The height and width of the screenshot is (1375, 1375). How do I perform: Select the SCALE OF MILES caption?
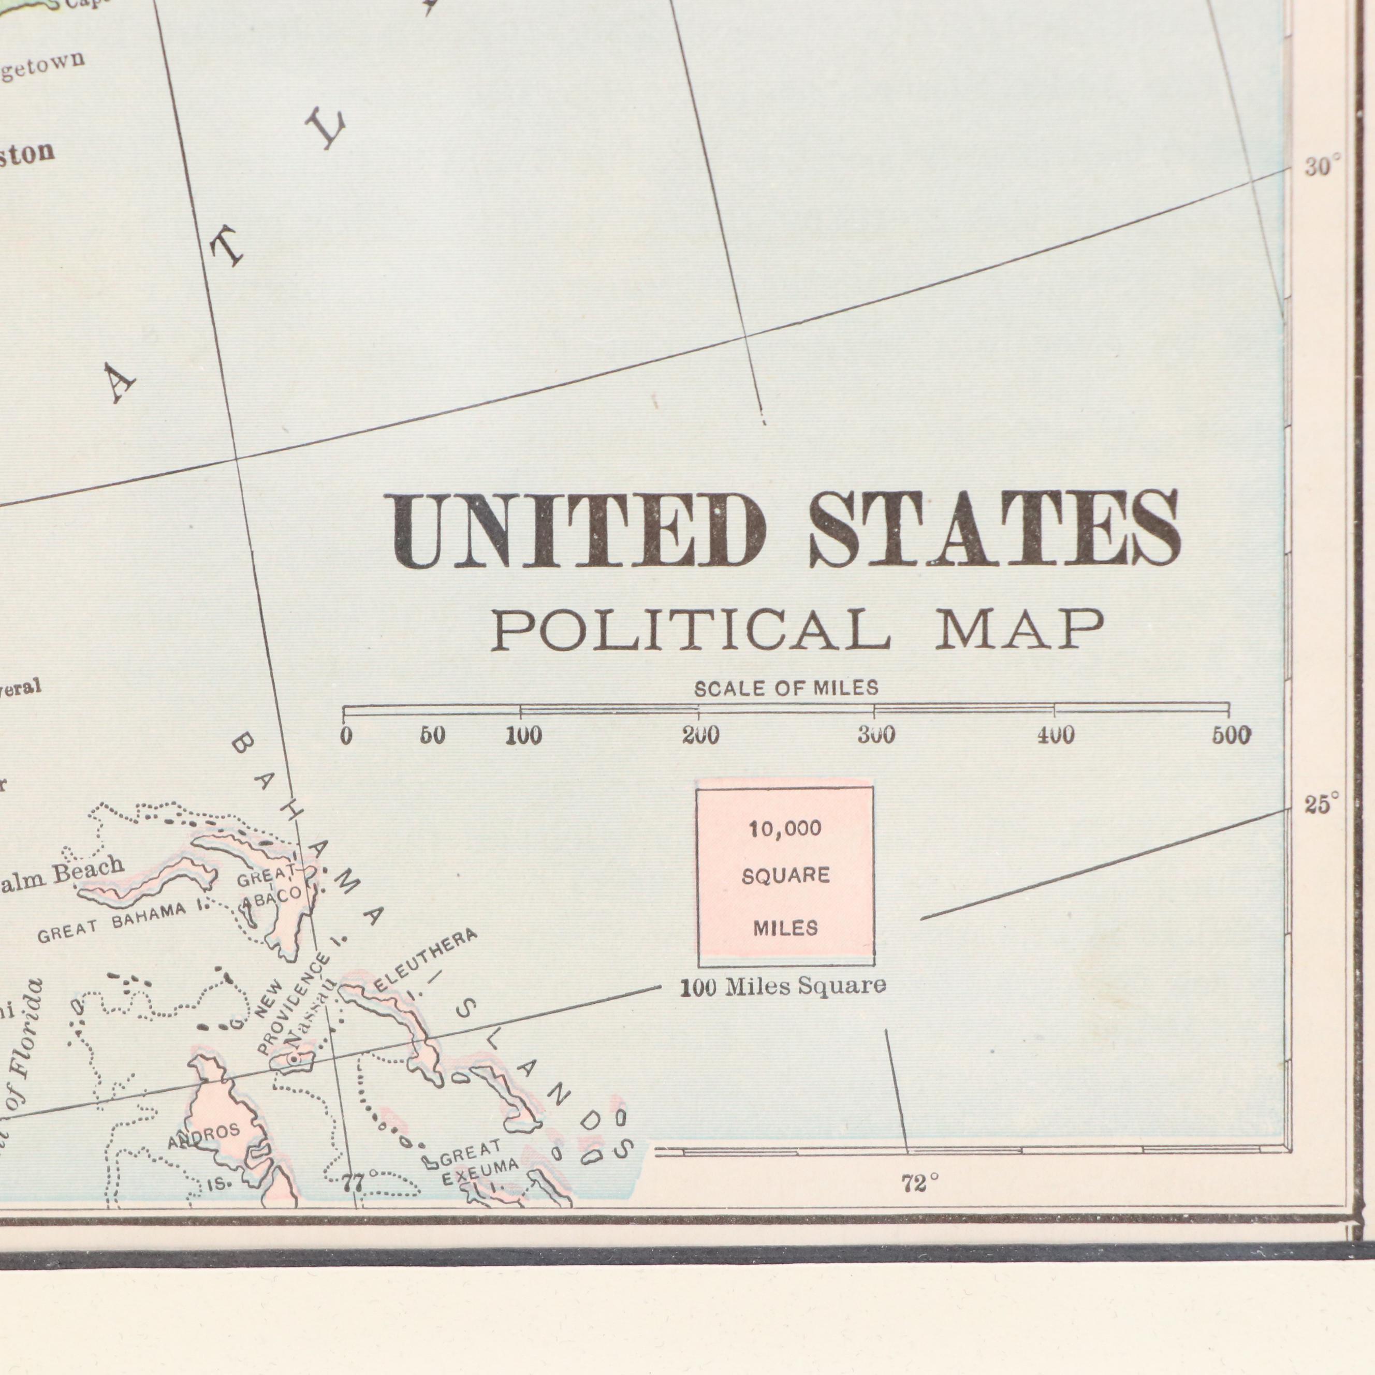[786, 688]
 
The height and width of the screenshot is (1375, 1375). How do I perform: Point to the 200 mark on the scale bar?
[700, 735]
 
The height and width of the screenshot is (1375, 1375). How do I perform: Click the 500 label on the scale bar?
[1231, 735]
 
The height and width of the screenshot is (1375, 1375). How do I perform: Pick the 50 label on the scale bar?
[433, 735]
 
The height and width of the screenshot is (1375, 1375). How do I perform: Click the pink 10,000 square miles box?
[786, 875]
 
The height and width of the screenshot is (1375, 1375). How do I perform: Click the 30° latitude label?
[1322, 167]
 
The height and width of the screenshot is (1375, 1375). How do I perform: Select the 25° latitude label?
[1322, 804]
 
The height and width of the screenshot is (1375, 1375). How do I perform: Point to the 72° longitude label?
[919, 1183]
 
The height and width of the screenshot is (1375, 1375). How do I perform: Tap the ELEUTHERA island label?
[426, 961]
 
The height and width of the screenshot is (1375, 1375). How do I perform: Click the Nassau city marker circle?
[293, 1060]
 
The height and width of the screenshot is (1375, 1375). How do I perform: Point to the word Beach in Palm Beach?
[89, 869]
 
